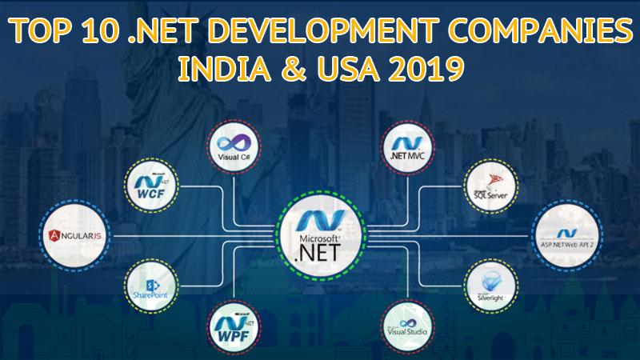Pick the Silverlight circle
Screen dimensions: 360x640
coord(489,285)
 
